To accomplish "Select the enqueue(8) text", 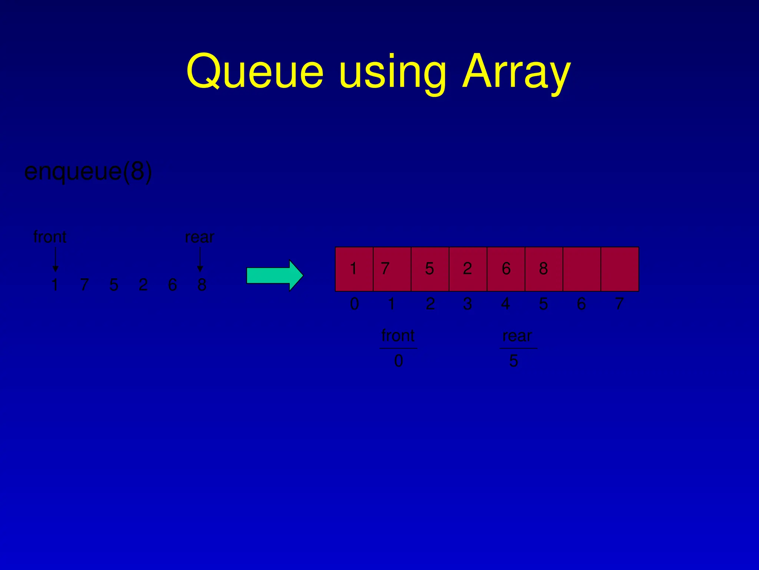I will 88,171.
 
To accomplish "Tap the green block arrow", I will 275,276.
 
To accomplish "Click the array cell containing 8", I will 544,269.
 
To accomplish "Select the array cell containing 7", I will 392,269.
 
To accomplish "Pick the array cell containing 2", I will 468,269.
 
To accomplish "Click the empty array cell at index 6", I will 581,269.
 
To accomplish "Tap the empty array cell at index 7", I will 620,269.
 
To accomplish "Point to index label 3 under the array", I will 467,304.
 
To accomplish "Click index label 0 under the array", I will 354,304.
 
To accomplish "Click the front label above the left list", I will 50,237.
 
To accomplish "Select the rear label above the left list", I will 200,237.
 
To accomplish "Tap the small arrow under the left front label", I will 56,259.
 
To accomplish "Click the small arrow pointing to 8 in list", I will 200,259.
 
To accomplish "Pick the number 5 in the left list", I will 114,285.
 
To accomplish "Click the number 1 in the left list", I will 55,285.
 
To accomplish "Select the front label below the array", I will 398,336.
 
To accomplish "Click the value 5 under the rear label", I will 513,361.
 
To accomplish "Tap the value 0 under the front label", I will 398,361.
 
